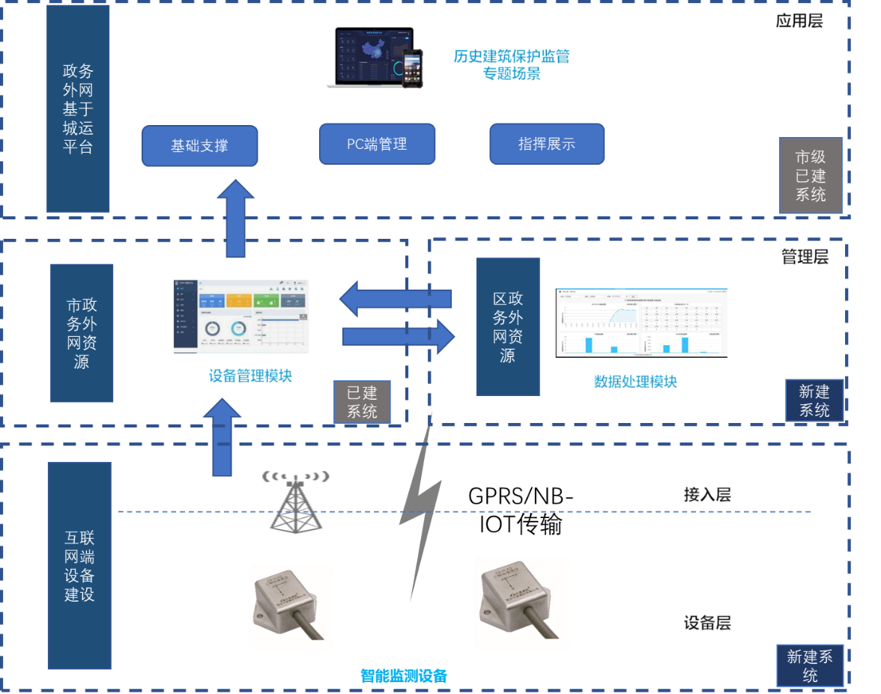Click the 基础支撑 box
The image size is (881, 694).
pyautogui.click(x=199, y=146)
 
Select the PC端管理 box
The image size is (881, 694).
pyautogui.click(x=377, y=144)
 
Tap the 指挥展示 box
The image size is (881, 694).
pyautogui.click(x=547, y=144)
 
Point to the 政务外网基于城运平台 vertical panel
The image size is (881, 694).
pyautogui.click(x=78, y=109)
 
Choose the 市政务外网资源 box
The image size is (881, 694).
pyautogui.click(x=82, y=333)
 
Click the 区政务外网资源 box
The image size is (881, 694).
pyautogui.click(x=508, y=327)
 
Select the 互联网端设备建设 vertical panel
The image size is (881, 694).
pyautogui.click(x=79, y=566)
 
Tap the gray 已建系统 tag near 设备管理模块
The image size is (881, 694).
pyautogui.click(x=362, y=402)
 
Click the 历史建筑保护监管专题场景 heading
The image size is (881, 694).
pyautogui.click(x=511, y=64)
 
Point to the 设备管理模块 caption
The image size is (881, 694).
pyautogui.click(x=249, y=376)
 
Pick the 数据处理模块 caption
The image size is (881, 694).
pyautogui.click(x=635, y=382)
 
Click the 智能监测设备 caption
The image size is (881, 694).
pyautogui.click(x=403, y=675)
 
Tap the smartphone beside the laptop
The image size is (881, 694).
pyautogui.click(x=413, y=69)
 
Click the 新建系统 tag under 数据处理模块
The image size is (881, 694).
pyautogui.click(x=814, y=401)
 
